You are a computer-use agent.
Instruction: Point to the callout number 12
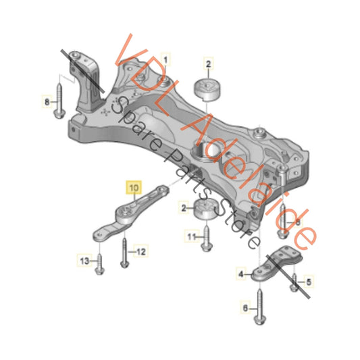pos(141,252)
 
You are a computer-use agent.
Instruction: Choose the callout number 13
pos(84,260)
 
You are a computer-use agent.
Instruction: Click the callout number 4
pos(239,274)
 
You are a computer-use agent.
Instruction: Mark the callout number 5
pos(309,280)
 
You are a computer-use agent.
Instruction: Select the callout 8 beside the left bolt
pos(46,102)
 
